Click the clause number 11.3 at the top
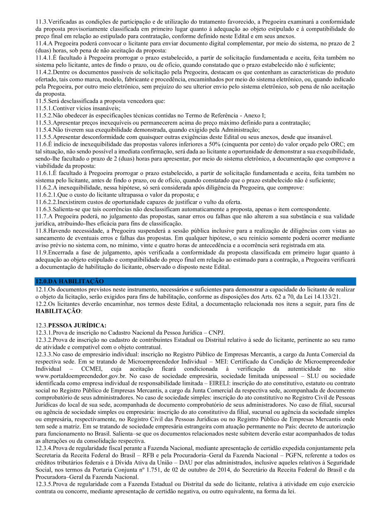42,21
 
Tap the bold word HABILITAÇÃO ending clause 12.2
58,311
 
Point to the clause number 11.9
42,252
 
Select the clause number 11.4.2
45,71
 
